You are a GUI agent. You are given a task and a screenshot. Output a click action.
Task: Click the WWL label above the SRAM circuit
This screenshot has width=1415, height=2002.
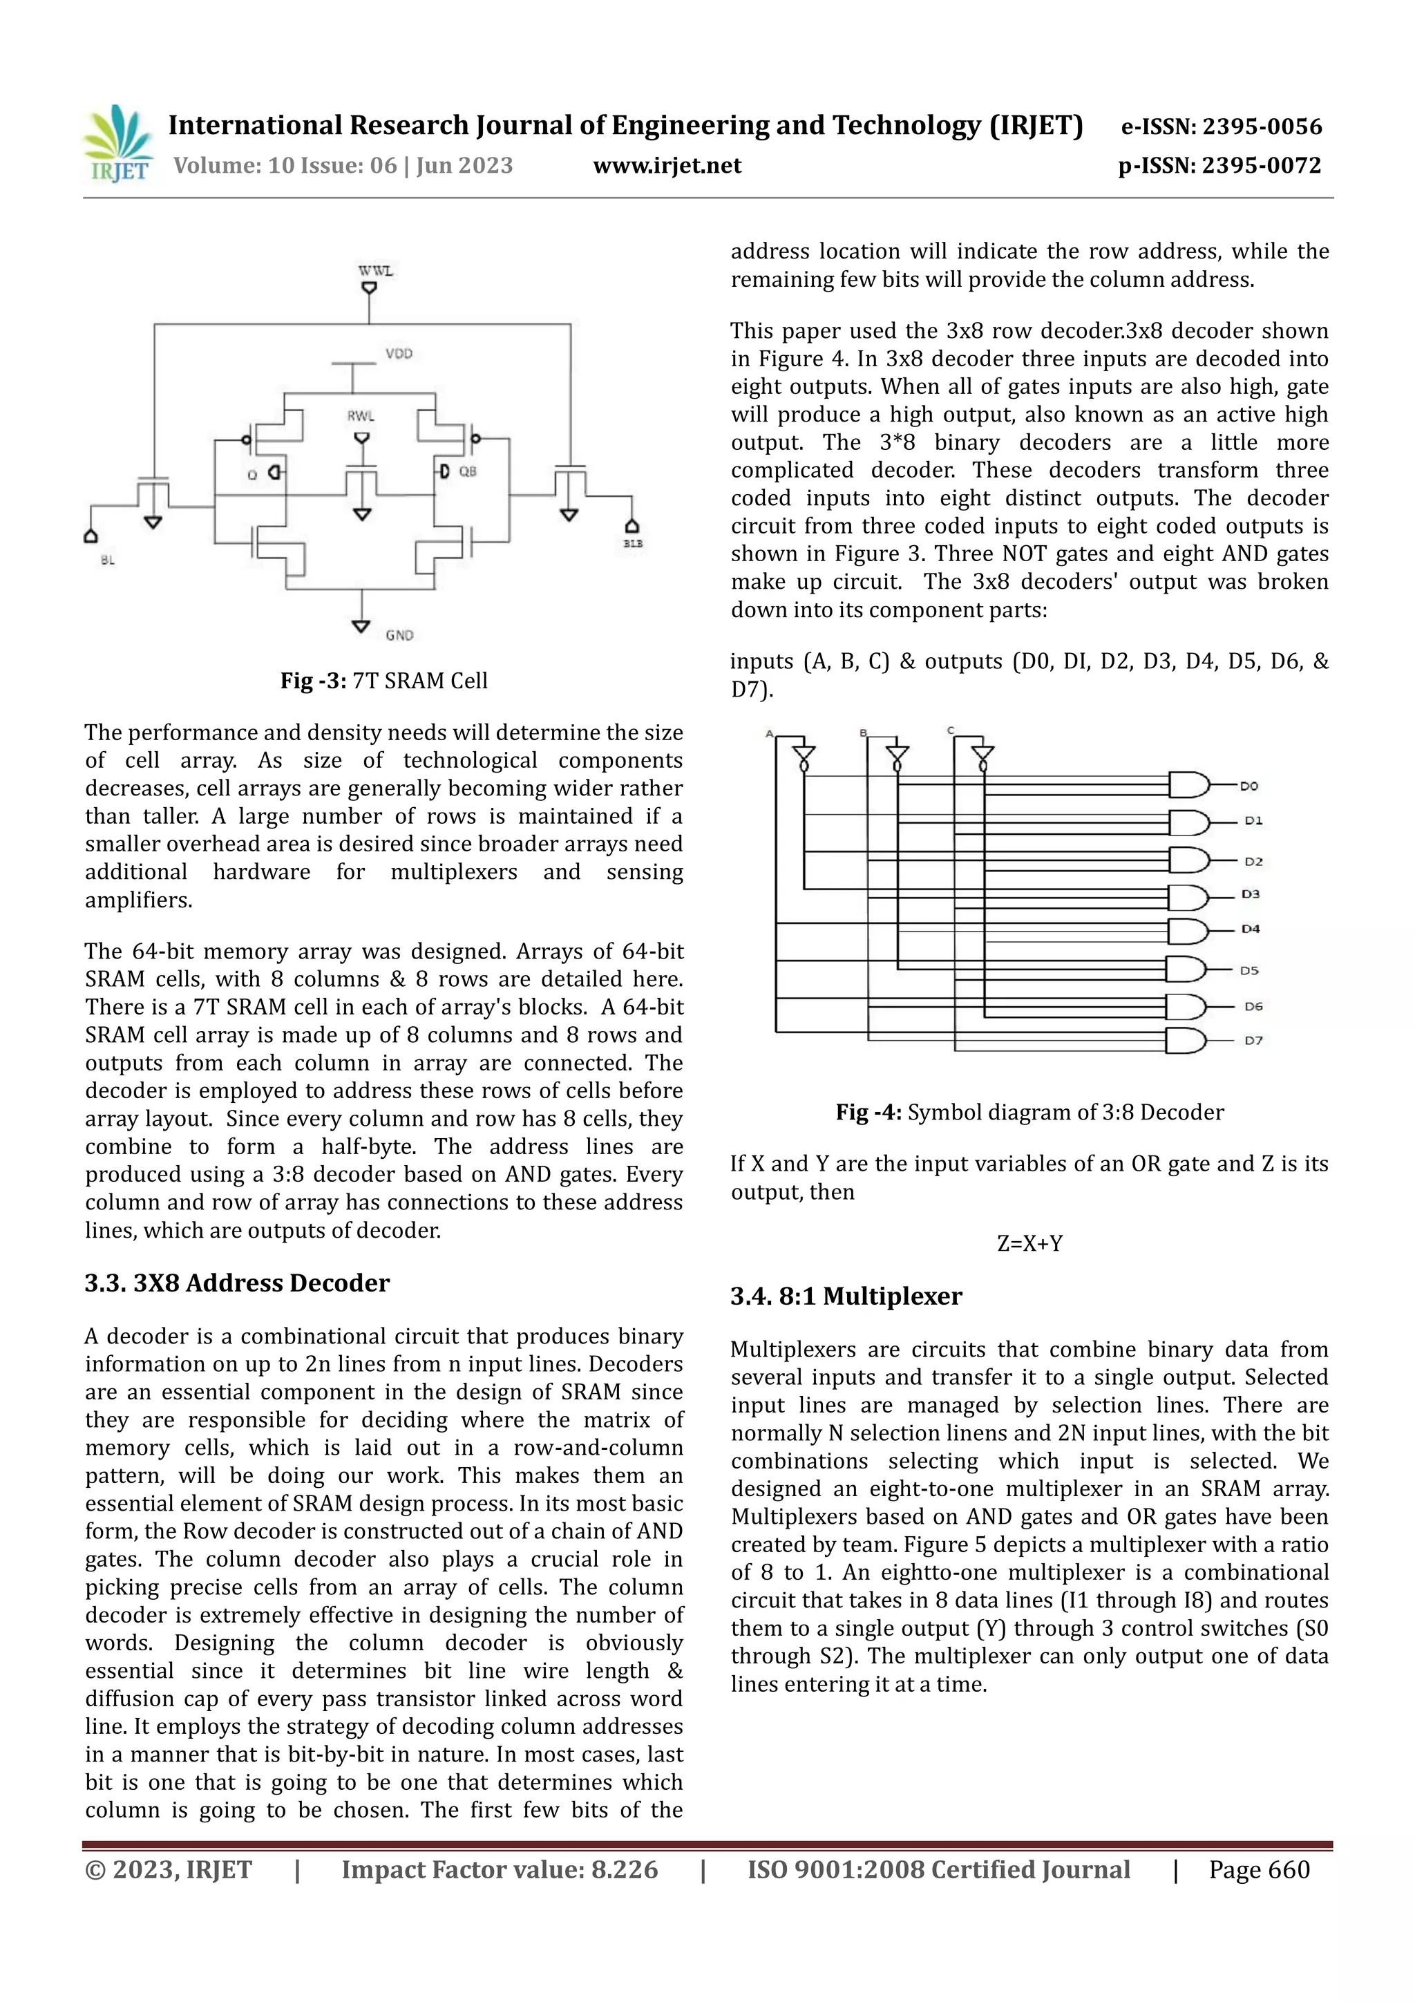(376, 271)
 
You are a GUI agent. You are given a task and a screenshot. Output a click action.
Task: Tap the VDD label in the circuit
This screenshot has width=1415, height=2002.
(399, 353)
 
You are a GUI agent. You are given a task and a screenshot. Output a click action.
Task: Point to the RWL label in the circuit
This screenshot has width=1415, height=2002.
(361, 416)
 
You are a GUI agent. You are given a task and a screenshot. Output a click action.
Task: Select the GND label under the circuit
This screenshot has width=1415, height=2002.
(399, 635)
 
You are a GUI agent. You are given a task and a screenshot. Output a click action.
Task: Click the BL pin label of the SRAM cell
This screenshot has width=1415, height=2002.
(107, 560)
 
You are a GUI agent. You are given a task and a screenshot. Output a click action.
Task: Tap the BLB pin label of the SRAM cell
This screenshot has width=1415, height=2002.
(633, 543)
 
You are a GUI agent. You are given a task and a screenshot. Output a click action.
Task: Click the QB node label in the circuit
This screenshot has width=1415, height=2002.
(468, 472)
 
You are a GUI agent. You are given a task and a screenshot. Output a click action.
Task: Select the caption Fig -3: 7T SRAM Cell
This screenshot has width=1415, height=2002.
(383, 681)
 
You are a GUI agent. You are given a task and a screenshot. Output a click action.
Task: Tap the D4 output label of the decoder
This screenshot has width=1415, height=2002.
(1251, 929)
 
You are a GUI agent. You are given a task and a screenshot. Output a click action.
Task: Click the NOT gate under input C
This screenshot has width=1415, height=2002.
(982, 756)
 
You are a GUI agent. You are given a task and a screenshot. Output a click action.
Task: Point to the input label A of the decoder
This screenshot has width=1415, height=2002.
(769, 733)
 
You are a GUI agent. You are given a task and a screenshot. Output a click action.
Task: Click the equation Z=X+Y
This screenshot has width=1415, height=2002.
(1029, 1243)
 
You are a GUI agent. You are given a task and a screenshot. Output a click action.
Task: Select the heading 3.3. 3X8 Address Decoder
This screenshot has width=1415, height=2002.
(237, 1283)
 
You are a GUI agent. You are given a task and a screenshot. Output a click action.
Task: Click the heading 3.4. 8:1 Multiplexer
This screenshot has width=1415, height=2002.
(846, 1296)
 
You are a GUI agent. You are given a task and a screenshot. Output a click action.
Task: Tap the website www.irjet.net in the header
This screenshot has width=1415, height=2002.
(667, 166)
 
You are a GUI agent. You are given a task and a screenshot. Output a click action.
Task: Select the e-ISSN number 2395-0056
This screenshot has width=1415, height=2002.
(1262, 127)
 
